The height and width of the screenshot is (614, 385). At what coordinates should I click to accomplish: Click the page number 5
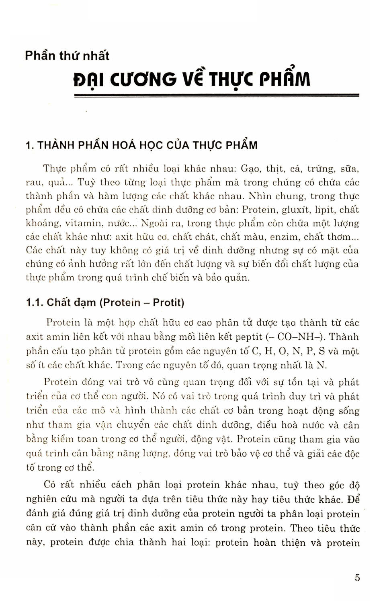357,578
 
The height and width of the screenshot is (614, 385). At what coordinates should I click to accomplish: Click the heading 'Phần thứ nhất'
67,55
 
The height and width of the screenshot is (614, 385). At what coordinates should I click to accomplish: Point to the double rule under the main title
216,96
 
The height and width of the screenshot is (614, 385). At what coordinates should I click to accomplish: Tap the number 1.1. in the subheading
35,302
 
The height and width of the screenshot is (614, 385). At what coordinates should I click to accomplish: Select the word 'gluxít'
297,210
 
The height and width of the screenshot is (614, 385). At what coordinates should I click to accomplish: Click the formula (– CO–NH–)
297,337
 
